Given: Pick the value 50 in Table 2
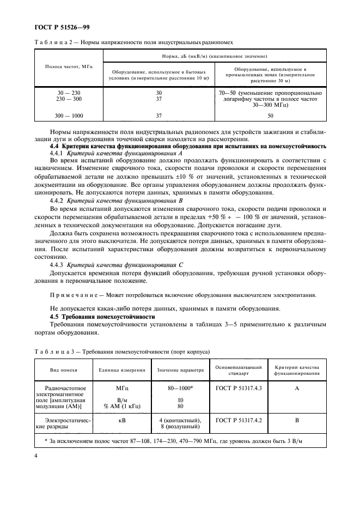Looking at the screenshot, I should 270,116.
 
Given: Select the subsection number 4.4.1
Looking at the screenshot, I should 58,154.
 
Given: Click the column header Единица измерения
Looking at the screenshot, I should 121,370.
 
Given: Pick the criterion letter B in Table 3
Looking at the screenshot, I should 296,420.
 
